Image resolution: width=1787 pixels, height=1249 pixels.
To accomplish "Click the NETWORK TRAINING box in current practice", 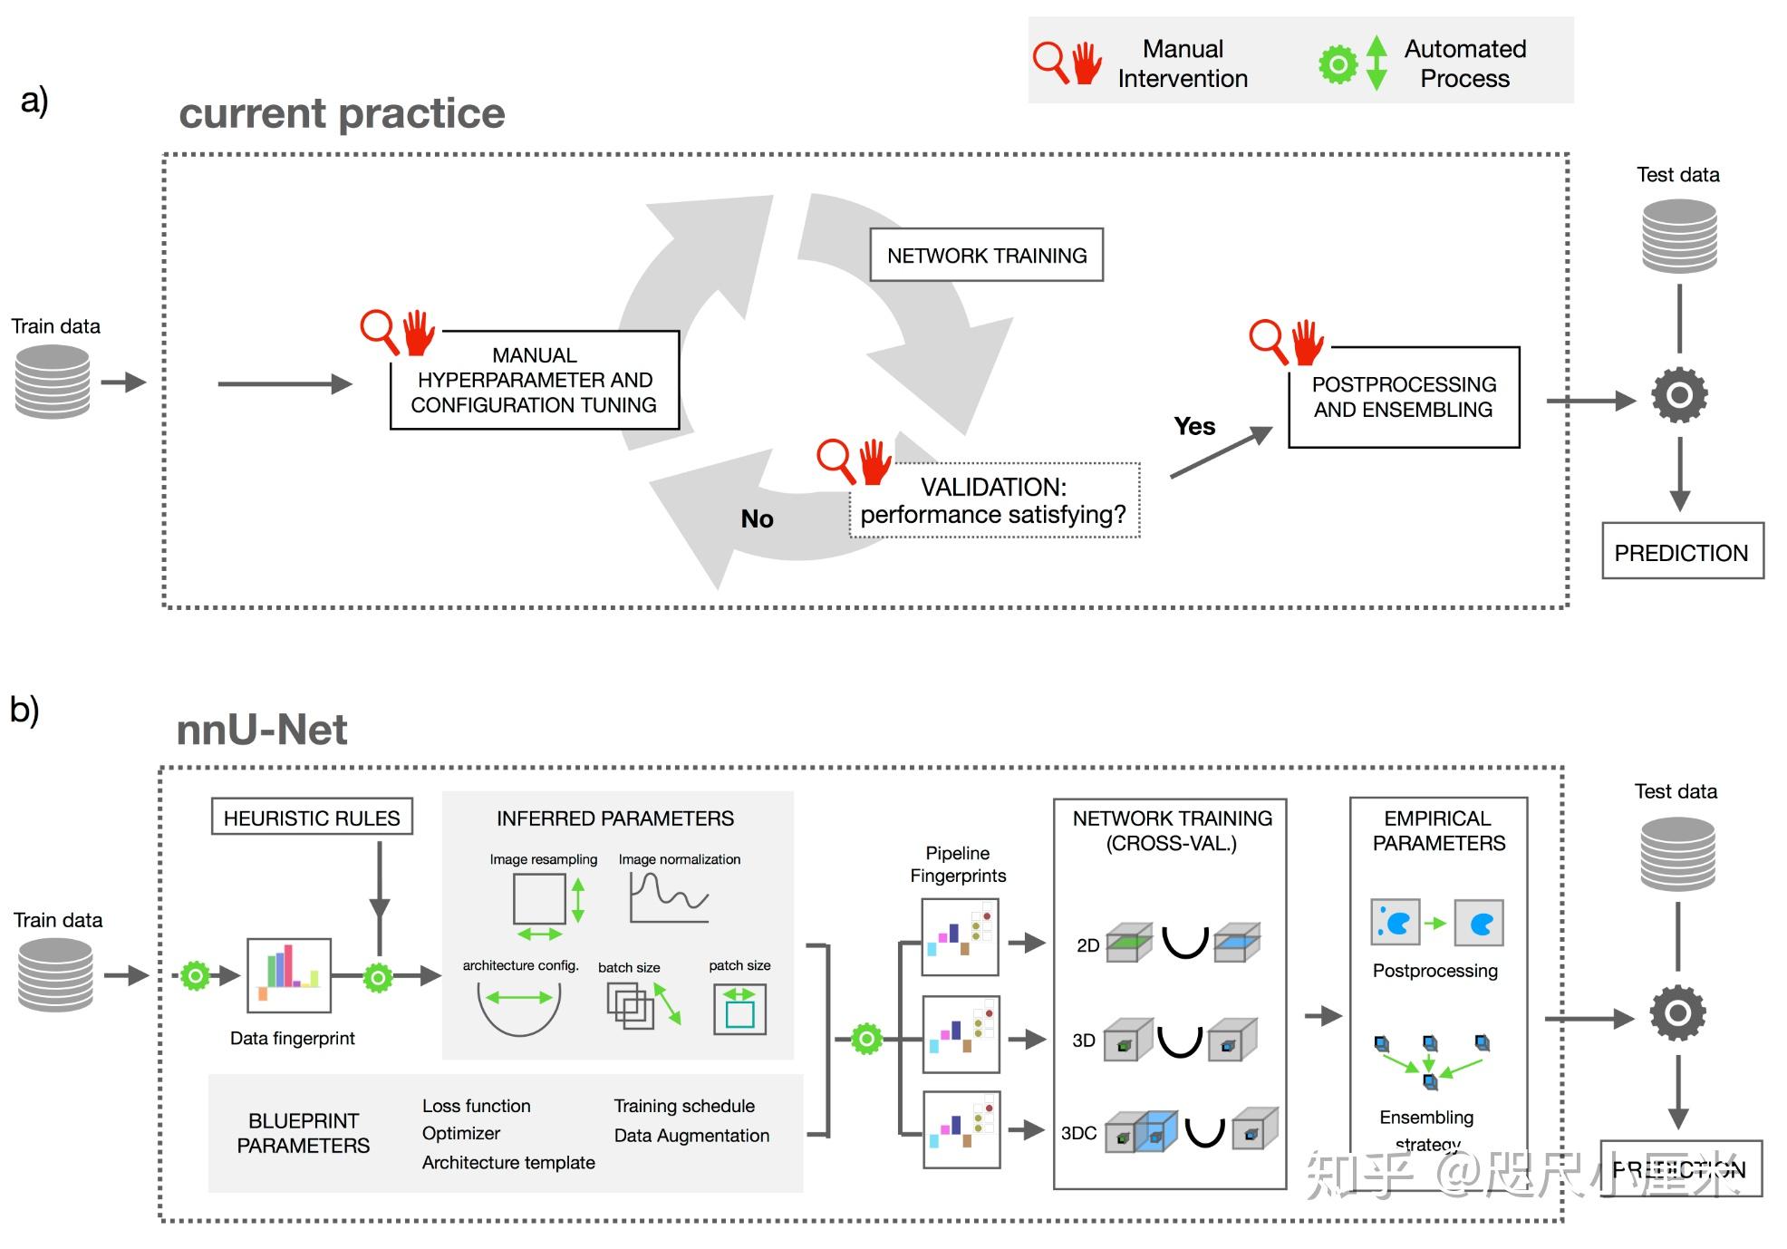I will click(986, 256).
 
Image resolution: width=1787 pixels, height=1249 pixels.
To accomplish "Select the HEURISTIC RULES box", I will click(312, 818).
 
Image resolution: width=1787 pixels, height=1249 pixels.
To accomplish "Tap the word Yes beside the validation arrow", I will click(1194, 426).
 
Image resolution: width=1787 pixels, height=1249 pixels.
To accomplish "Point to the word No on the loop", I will click(757, 518).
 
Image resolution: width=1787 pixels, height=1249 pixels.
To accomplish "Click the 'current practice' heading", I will click(342, 113).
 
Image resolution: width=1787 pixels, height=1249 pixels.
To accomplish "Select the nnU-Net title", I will click(262, 730).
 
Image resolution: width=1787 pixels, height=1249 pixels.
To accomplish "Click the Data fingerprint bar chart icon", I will click(289, 975).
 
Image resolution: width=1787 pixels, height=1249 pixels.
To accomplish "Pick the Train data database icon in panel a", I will click(53, 382).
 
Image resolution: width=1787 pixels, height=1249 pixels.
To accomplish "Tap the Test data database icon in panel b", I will click(1677, 853).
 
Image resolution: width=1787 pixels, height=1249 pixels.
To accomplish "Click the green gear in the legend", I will click(1338, 64).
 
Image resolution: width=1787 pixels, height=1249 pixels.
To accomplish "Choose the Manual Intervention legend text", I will click(1183, 63).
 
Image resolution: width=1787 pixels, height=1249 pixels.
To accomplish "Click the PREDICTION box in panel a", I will click(1682, 552).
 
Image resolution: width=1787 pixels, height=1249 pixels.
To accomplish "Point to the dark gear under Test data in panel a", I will click(1679, 395).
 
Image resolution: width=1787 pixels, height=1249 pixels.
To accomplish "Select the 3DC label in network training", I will click(1078, 1133).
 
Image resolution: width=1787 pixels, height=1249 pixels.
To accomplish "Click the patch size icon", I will click(739, 1009).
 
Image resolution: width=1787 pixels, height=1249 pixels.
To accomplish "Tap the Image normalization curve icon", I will click(669, 897).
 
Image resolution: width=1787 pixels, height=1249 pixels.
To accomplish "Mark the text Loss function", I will click(477, 1106).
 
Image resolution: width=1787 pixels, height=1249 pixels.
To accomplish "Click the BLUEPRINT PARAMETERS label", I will click(304, 1133).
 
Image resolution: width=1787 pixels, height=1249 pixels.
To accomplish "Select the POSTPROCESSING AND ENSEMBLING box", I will click(1403, 397).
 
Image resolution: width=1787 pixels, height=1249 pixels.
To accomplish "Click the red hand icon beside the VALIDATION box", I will click(874, 461).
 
